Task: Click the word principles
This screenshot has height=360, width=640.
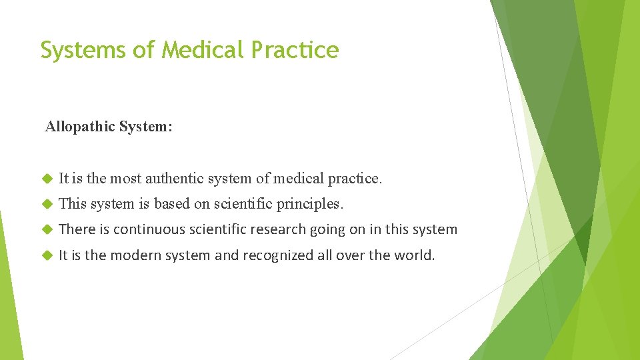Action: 312,204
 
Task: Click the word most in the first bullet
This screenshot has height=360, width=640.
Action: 125,179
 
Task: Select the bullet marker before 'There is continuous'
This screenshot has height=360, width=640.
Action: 46,230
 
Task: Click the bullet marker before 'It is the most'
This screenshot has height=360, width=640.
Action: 46,179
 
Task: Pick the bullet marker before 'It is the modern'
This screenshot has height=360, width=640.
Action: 46,255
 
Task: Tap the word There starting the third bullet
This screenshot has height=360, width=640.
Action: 75,230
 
